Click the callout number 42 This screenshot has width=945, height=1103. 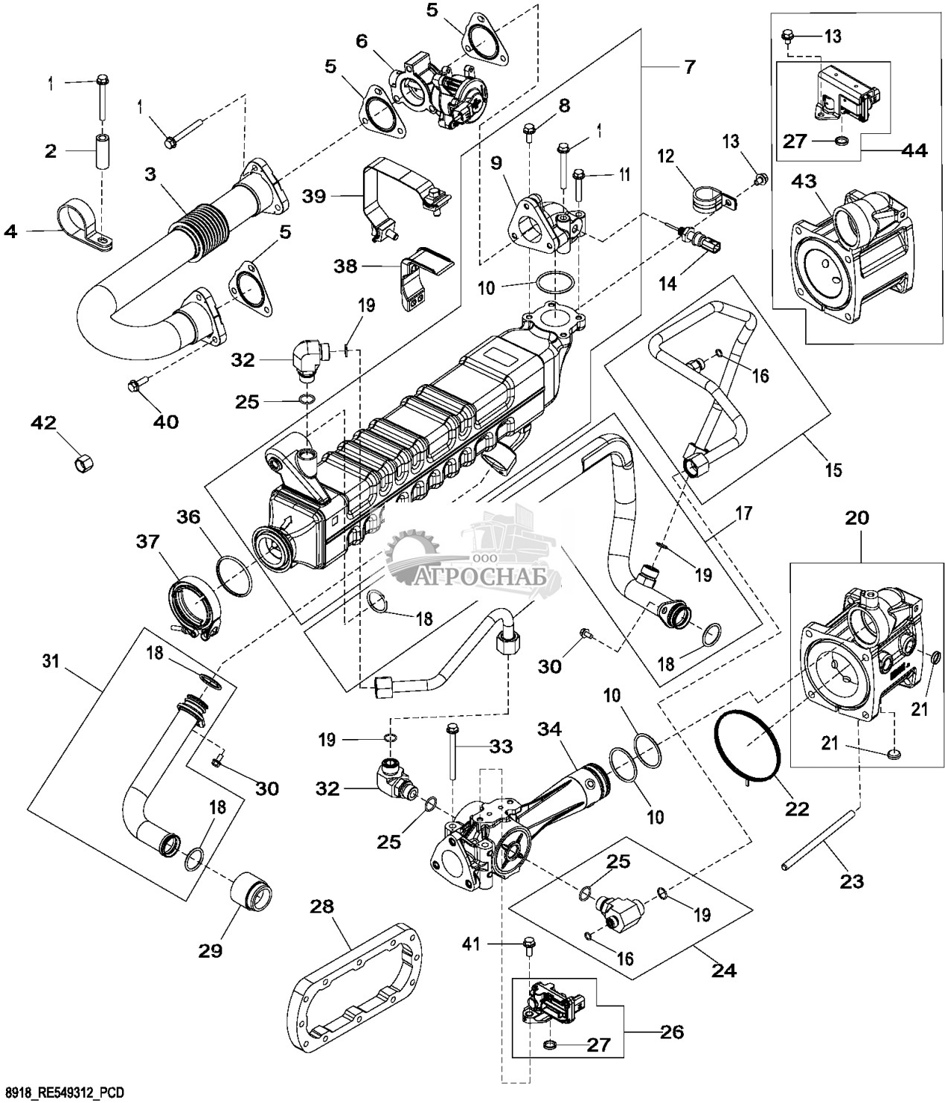click(42, 423)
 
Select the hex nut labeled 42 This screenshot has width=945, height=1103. click(83, 464)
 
